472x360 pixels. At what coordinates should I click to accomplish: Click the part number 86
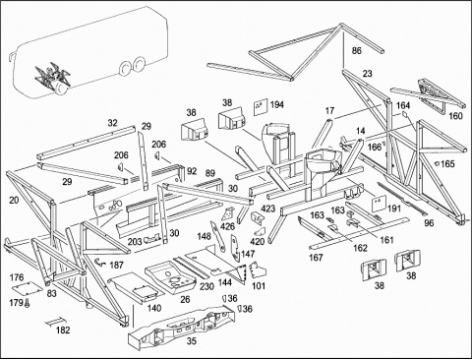(356, 51)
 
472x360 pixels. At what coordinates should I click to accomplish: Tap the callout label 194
(276, 105)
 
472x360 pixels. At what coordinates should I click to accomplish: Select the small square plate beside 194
(261, 107)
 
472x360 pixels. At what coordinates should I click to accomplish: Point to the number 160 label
(455, 116)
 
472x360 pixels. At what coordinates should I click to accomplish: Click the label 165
(447, 163)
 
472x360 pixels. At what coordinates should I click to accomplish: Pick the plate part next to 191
(379, 204)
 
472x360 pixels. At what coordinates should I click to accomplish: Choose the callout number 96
(429, 223)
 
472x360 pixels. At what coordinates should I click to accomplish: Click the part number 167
(316, 258)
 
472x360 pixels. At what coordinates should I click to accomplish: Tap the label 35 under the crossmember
(192, 341)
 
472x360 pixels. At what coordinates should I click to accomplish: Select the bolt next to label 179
(27, 303)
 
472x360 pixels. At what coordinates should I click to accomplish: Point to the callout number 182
(63, 330)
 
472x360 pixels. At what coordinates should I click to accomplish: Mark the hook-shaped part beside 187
(100, 262)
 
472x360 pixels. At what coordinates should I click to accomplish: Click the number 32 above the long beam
(112, 123)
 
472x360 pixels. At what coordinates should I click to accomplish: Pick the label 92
(192, 171)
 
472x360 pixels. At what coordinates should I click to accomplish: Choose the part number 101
(259, 286)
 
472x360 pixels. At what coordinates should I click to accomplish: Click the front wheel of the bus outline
(125, 68)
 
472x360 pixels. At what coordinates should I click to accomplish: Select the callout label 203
(135, 242)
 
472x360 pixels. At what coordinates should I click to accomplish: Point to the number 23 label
(367, 73)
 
